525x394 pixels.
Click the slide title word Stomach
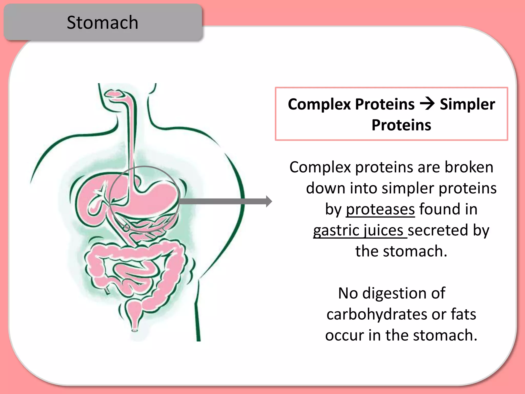coord(102,23)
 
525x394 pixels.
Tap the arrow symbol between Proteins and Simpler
coord(427,104)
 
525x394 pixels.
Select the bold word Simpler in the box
coord(467,105)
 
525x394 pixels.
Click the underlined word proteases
coord(380,209)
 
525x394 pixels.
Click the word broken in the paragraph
coord(469,167)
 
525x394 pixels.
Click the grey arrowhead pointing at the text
coord(269,201)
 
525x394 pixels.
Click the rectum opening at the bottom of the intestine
coord(135,330)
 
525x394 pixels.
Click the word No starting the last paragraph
coord(348,293)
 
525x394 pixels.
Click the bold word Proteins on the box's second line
coord(401,125)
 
